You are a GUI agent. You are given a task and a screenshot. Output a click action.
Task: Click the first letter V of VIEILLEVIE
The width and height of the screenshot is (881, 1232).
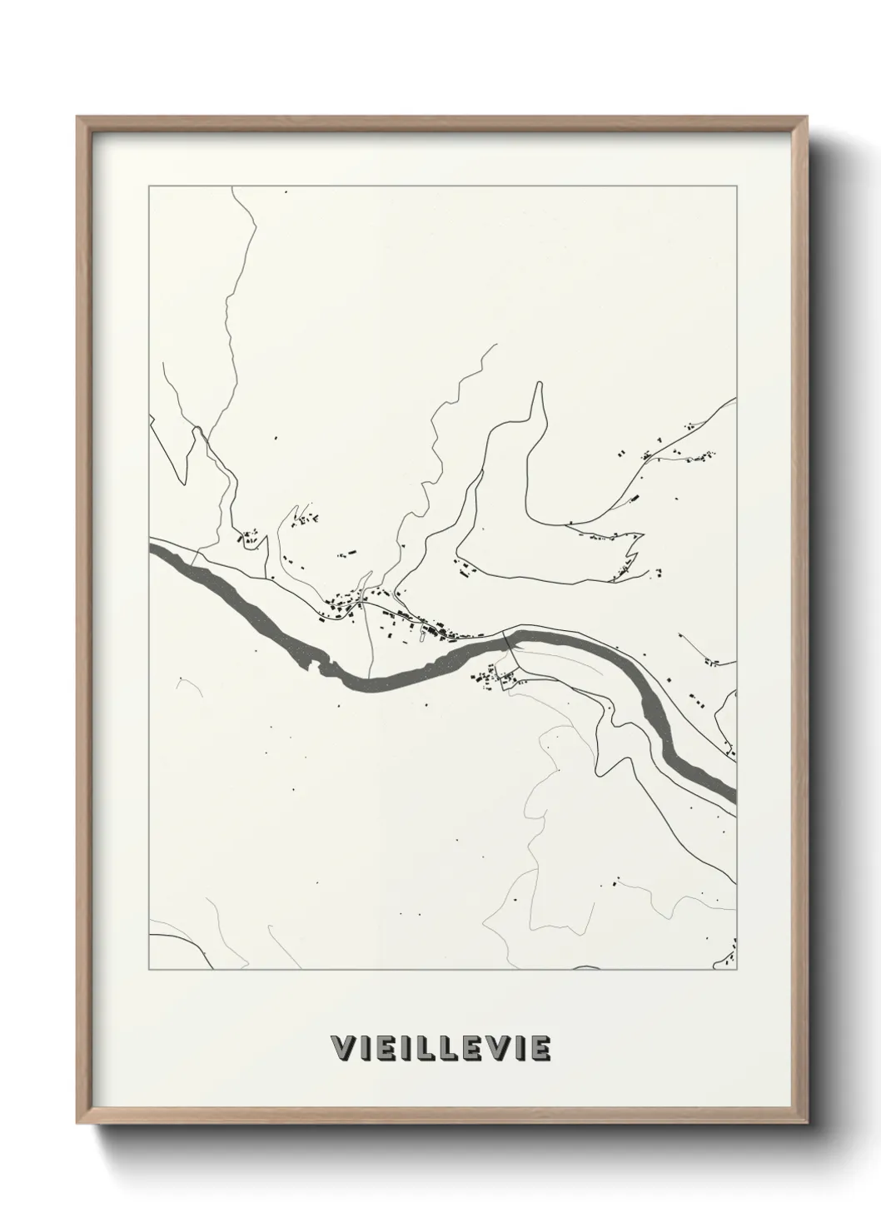pos(341,1048)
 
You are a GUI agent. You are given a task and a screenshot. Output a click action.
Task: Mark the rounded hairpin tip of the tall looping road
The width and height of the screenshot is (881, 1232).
pos(540,385)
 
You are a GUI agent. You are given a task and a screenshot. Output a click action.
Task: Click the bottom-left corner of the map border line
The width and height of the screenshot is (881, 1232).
pos(149,969)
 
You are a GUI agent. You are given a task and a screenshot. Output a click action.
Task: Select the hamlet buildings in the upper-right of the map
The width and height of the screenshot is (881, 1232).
pos(674,455)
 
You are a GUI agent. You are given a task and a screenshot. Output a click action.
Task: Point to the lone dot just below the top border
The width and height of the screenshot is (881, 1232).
pos(286,193)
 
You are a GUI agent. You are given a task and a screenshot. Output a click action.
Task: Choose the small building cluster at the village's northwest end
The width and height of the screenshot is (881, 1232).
pos(248,537)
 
